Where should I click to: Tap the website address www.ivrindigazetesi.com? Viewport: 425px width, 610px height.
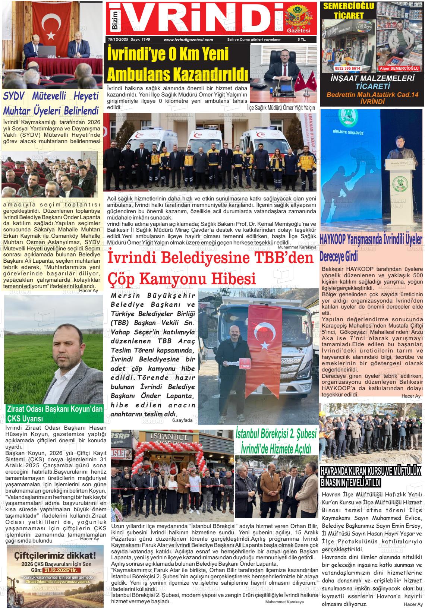point(188,39)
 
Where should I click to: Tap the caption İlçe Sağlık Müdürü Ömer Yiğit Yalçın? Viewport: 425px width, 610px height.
point(281,108)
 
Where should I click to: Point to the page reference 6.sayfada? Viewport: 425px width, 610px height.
point(182,420)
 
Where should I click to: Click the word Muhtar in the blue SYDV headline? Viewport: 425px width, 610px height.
point(19,111)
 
